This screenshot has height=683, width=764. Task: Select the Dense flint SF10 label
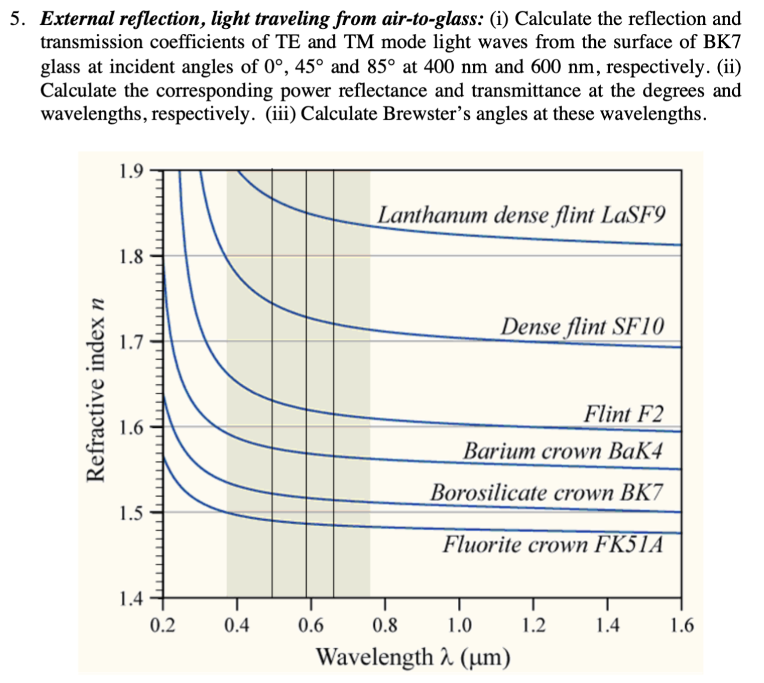click(x=582, y=326)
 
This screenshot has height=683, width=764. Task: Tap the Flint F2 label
click(x=623, y=414)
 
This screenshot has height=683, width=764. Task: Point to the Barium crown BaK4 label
click(x=563, y=451)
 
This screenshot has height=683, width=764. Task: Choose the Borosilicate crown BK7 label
click(x=546, y=493)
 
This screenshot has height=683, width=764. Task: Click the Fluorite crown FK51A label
click(x=552, y=545)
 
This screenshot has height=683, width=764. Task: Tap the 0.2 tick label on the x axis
click(x=163, y=625)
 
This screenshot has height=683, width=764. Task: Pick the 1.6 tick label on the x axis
click(x=682, y=625)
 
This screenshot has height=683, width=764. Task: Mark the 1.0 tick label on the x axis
click(x=459, y=625)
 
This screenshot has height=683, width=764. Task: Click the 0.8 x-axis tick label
click(x=385, y=625)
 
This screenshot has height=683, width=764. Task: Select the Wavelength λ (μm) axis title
click(x=414, y=657)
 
